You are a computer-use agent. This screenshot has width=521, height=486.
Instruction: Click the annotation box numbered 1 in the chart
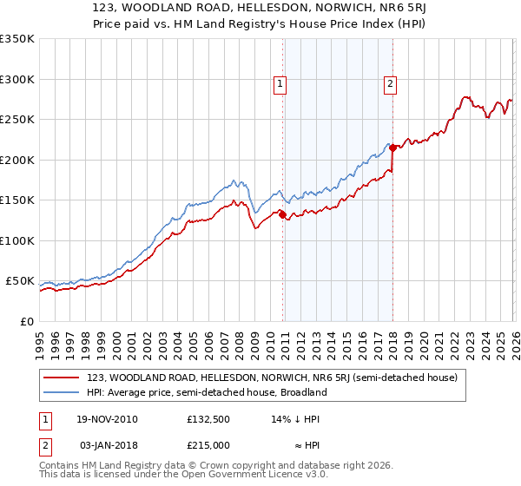(x=280, y=84)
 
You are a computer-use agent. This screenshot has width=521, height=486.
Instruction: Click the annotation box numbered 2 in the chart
(x=390, y=84)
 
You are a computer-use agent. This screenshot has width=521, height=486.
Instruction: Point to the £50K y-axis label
(x=20, y=281)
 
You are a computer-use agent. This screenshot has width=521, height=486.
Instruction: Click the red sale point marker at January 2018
(x=392, y=148)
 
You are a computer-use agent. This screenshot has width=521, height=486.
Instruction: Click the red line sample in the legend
(x=62, y=378)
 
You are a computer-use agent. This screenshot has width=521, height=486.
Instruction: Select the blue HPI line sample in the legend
(x=62, y=392)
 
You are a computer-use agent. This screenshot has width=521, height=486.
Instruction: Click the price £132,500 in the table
(x=207, y=419)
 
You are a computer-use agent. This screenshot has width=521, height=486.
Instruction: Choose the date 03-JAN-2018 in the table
(x=108, y=445)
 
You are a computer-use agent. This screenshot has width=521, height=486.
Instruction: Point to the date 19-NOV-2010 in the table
(x=108, y=419)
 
